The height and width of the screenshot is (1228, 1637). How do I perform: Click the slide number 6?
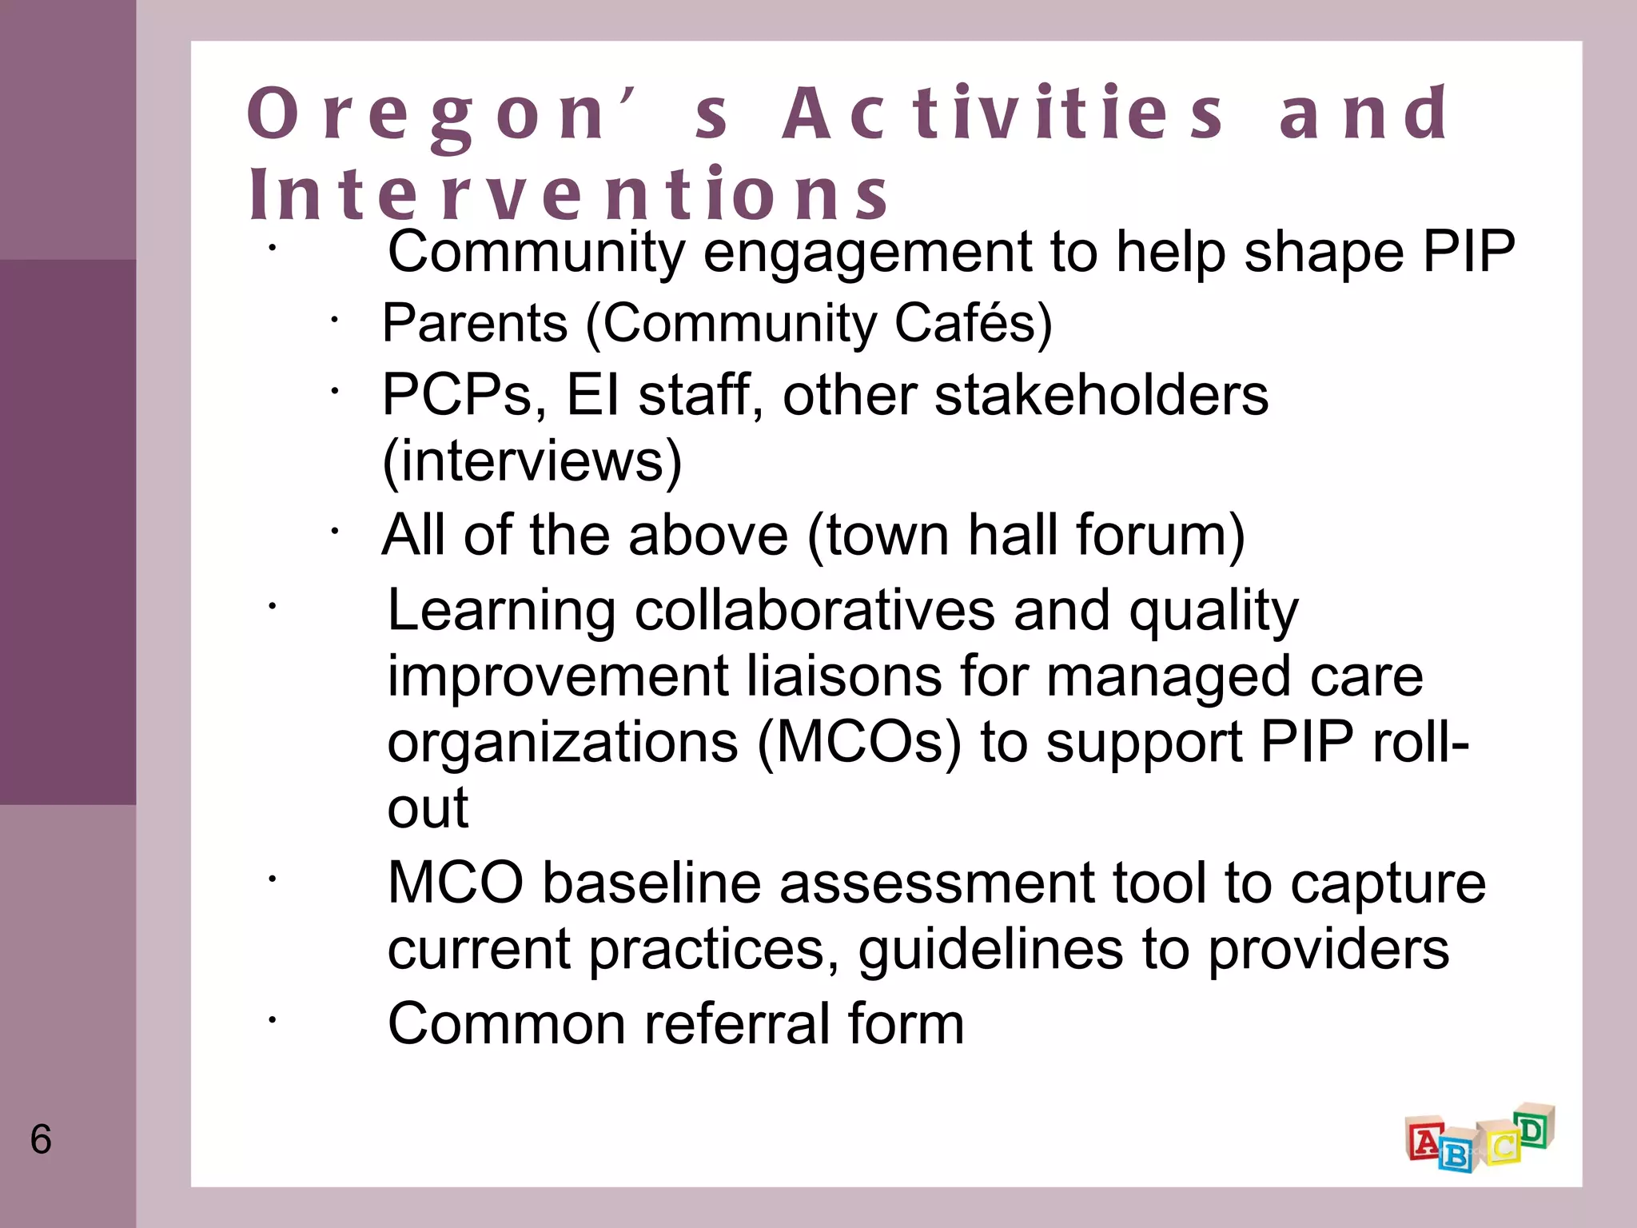click(x=41, y=1138)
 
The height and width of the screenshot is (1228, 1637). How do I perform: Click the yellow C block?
click(x=1501, y=1146)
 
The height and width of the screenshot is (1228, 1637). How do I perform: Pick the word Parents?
click(x=475, y=323)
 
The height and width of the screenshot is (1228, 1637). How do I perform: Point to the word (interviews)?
click(x=532, y=461)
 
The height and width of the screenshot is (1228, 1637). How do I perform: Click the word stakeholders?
click(x=1101, y=395)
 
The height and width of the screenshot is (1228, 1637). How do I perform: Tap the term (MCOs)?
click(x=859, y=743)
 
